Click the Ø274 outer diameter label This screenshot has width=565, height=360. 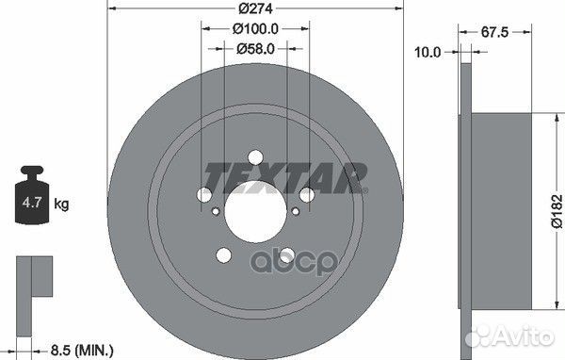[x=255, y=8]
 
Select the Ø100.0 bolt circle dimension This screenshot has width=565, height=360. [x=255, y=28]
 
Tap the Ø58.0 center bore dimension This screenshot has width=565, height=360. [x=255, y=49]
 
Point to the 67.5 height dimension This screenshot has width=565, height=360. [x=494, y=32]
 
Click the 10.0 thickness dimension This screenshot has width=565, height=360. [x=428, y=53]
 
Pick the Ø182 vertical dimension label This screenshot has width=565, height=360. [x=557, y=211]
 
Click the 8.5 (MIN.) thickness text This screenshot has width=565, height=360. [x=82, y=350]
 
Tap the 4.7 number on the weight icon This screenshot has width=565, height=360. [x=32, y=203]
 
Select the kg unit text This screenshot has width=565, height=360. [x=61, y=205]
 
